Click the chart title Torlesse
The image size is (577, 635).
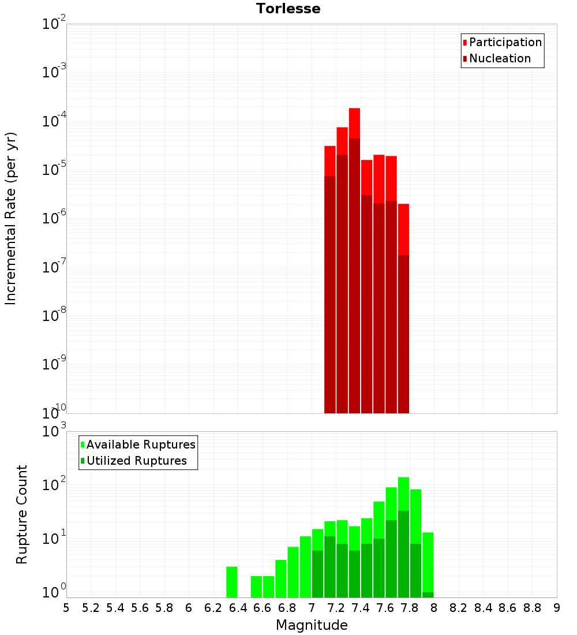[x=288, y=9]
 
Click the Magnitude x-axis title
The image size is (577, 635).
[x=312, y=625]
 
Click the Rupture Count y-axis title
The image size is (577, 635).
[x=22, y=514]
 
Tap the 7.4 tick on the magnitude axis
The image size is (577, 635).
[x=361, y=608]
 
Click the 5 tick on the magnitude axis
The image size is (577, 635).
[x=66, y=608]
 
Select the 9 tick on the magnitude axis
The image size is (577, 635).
[x=557, y=608]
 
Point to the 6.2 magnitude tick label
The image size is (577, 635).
[x=213, y=608]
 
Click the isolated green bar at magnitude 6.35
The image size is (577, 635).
[x=231, y=582]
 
